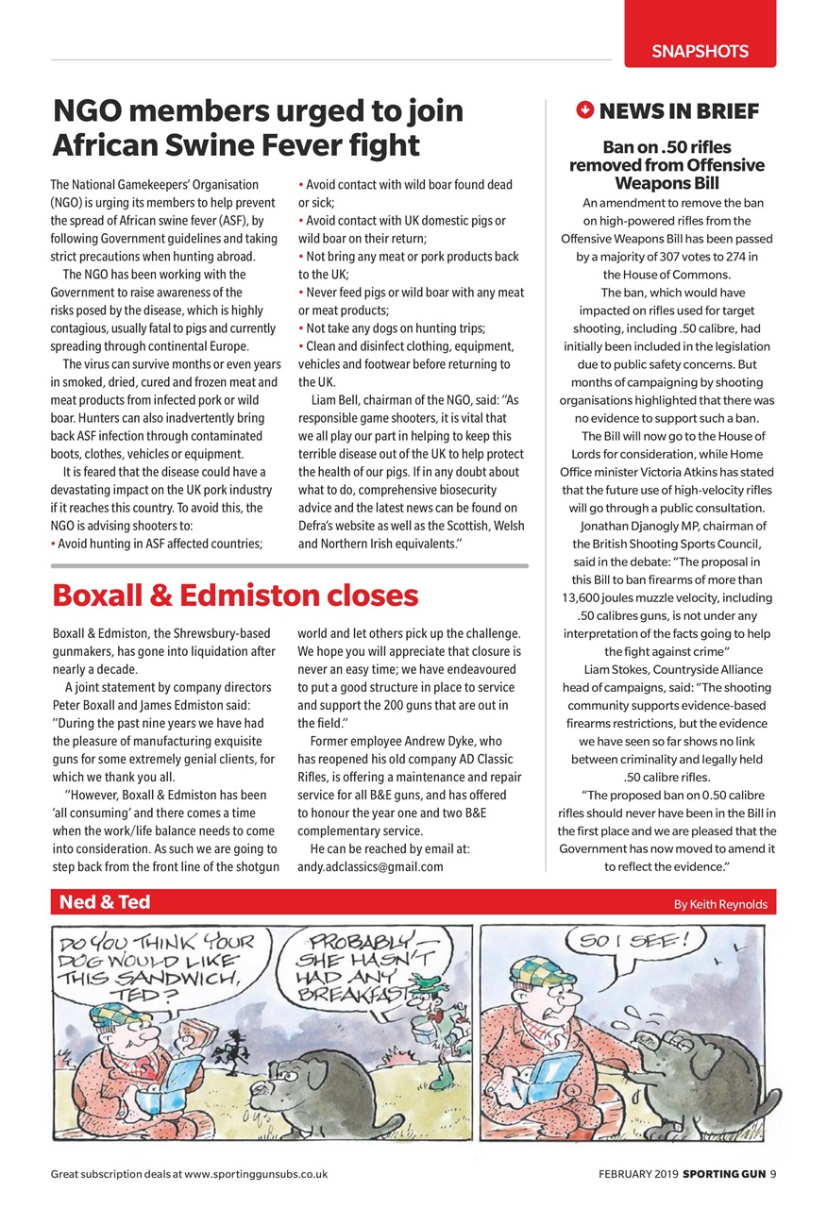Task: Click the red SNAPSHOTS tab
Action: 700,52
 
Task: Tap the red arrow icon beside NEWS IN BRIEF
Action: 583,110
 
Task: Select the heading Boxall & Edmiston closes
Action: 235,595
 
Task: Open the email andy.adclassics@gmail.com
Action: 370,866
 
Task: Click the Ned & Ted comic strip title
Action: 105,902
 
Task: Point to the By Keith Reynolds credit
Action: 720,904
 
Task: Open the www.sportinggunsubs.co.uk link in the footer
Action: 256,1175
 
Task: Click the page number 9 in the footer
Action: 771,1175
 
